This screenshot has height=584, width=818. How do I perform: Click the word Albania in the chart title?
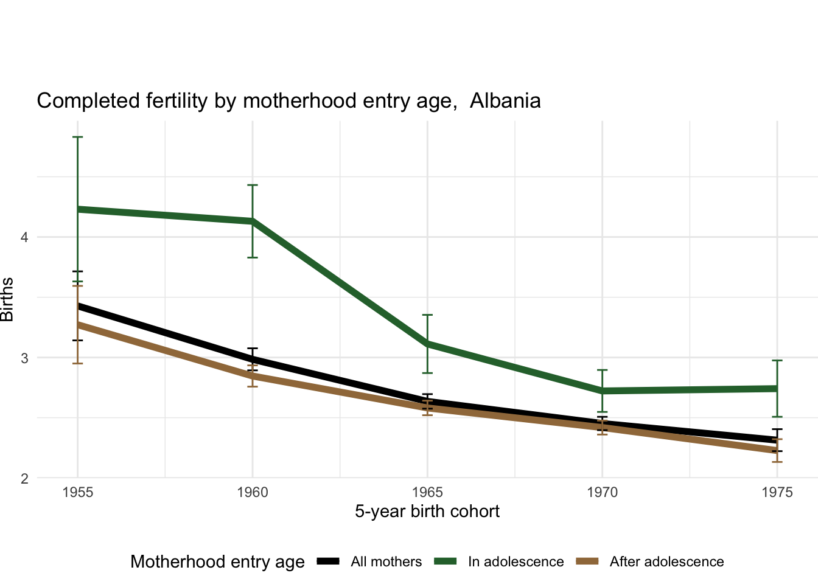coord(505,100)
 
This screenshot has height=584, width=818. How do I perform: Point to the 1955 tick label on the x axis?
coord(78,492)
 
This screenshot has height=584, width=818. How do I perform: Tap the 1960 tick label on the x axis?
coord(253,492)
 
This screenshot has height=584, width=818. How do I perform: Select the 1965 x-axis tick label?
coord(427,492)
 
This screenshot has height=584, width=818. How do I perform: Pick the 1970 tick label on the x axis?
coord(602,492)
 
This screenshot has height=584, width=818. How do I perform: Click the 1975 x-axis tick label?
coord(777,492)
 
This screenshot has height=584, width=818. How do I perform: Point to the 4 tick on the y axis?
coord(24,237)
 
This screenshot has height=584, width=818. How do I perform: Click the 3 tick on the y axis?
coord(24,358)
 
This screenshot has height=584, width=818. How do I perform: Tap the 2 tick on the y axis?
coord(24,478)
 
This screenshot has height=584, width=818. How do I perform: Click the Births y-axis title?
coord(7,299)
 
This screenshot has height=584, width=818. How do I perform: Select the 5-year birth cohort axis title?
coord(427,512)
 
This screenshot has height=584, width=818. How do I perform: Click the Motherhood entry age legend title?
coord(217,562)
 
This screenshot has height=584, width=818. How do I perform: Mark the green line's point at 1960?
coord(253,221)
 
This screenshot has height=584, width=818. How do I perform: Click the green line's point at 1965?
coord(427,344)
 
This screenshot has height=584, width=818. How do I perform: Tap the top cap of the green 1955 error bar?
coord(78,137)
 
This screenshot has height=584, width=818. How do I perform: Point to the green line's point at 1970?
coord(602,391)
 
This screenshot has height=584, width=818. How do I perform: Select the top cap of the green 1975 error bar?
coord(777,361)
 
